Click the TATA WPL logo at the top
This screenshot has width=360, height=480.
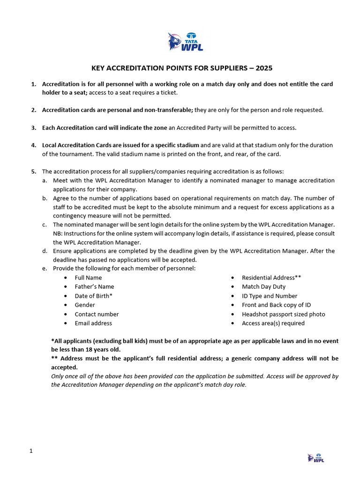click(x=185, y=41)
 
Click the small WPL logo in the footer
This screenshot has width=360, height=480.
click(x=315, y=457)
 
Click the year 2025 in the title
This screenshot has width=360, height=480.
click(x=262, y=68)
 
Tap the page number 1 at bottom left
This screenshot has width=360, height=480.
click(x=31, y=451)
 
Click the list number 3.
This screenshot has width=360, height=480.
click(x=34, y=127)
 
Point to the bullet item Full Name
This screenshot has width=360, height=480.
click(x=88, y=277)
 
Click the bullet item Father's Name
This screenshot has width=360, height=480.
click(x=94, y=286)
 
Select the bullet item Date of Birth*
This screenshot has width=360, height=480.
click(x=93, y=296)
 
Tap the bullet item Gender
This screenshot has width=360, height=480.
click(x=85, y=305)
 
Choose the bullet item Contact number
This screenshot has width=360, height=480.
click(x=97, y=314)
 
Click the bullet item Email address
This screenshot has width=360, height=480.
click(x=93, y=323)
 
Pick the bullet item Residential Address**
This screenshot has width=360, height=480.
click(x=271, y=277)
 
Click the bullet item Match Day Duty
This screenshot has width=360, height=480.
click(x=263, y=286)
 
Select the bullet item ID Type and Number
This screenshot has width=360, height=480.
click(x=270, y=296)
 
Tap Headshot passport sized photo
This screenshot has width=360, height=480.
click(x=283, y=314)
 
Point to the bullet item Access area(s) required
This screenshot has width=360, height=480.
click(x=273, y=323)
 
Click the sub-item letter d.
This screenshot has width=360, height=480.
click(x=45, y=251)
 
